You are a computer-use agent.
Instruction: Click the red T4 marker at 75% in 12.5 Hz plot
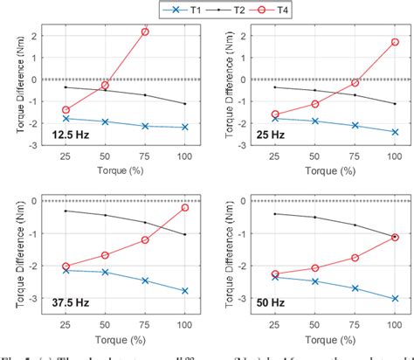(x=145, y=31)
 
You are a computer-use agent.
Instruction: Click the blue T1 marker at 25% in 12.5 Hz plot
(x=66, y=118)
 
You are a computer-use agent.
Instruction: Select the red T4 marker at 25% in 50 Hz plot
(x=275, y=273)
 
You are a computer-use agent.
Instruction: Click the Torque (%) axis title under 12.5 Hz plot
(x=126, y=169)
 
